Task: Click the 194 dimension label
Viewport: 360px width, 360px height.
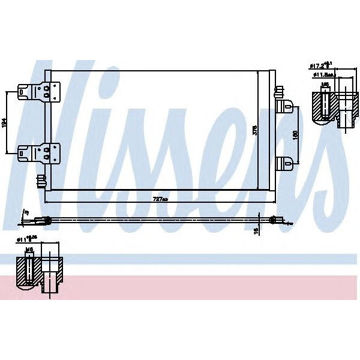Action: click(5, 122)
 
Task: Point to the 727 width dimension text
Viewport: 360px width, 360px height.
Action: click(159, 199)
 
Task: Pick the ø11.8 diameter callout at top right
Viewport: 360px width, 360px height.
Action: click(323, 75)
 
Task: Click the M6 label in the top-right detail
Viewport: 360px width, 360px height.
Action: click(325, 85)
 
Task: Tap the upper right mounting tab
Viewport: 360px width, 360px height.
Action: click(285, 106)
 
